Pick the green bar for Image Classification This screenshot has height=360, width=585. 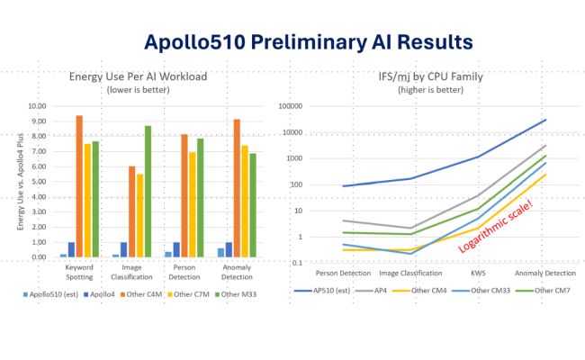pyautogui.click(x=148, y=191)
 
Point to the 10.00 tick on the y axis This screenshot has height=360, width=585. pyautogui.click(x=37, y=105)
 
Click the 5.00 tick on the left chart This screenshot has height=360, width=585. pyautogui.click(x=37, y=181)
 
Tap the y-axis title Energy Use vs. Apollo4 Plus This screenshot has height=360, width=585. pyautogui.click(x=20, y=179)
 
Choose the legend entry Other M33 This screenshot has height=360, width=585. pyautogui.click(x=244, y=293)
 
